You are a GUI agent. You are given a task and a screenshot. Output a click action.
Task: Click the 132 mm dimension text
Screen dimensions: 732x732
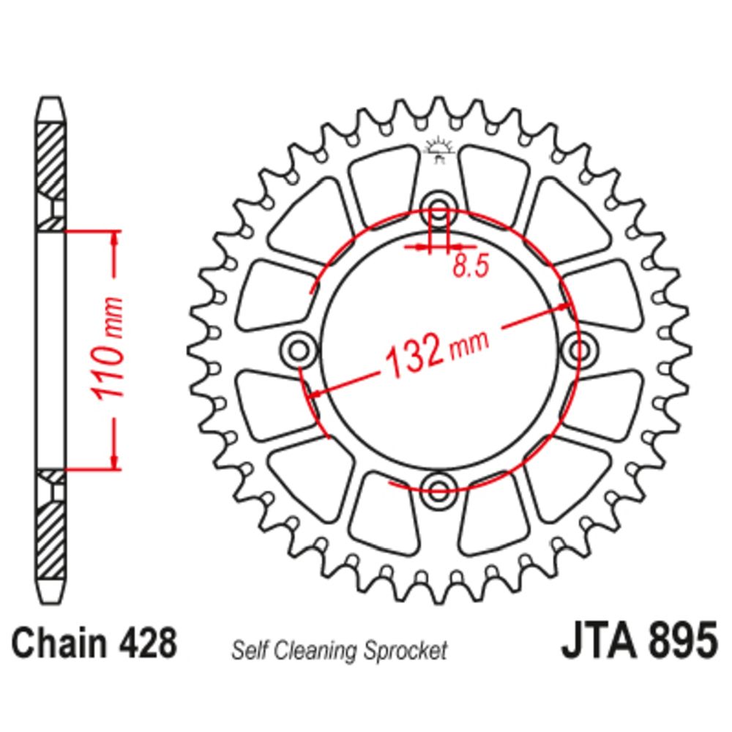[437, 354]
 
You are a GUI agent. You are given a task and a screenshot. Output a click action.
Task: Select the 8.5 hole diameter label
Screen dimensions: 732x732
[471, 266]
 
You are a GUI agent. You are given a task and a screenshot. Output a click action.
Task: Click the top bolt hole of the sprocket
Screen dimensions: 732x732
[438, 208]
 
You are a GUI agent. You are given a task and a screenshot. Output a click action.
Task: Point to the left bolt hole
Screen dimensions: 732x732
[299, 348]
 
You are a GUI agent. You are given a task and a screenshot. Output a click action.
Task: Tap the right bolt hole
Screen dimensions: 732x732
[579, 348]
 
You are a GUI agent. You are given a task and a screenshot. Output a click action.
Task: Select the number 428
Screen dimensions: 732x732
[148, 643]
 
